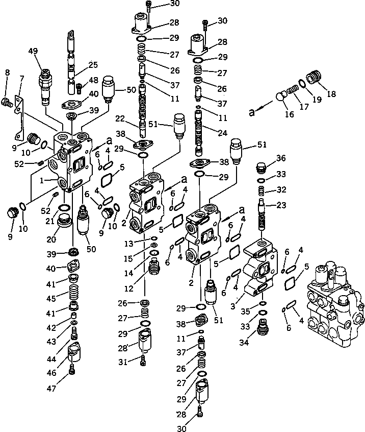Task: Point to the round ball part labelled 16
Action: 280,97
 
